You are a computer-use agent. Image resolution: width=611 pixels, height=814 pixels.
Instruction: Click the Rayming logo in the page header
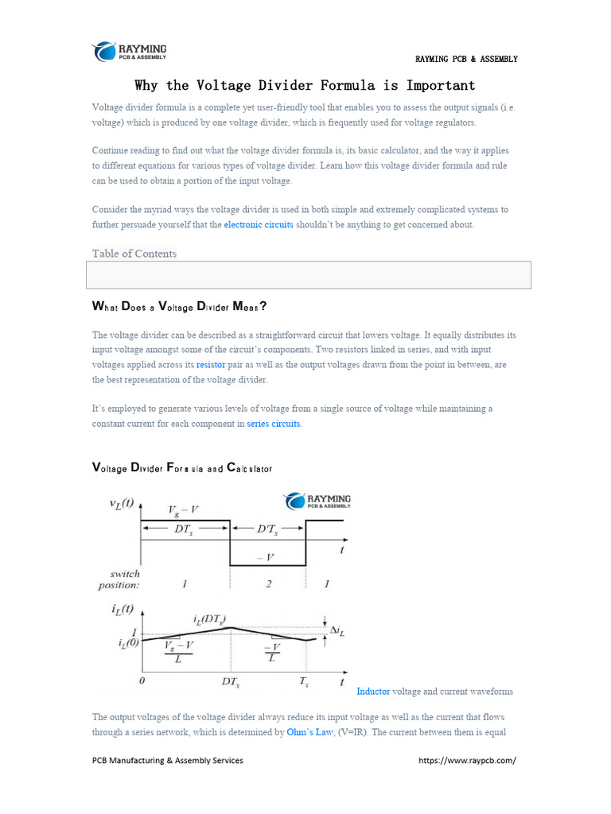(130, 52)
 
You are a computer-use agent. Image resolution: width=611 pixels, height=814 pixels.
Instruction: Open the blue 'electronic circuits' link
(258, 225)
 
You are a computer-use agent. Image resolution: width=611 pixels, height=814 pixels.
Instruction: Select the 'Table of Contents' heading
(134, 254)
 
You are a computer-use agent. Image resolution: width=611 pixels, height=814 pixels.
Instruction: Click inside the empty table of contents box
(307, 274)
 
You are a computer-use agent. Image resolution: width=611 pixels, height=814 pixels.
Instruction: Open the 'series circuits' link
(274, 424)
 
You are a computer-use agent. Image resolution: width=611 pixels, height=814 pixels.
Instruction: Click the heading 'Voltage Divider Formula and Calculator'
(182, 468)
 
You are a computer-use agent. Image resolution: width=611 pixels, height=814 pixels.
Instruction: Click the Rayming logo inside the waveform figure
(317, 502)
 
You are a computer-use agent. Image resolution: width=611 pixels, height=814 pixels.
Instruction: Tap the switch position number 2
(269, 584)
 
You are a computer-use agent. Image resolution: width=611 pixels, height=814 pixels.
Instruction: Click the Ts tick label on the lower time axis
(303, 682)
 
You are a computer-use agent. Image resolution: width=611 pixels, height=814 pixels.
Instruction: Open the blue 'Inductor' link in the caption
(373, 692)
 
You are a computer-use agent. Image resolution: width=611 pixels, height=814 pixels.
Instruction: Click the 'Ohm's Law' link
(309, 732)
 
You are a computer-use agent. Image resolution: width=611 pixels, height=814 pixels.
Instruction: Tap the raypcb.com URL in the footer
(467, 760)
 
